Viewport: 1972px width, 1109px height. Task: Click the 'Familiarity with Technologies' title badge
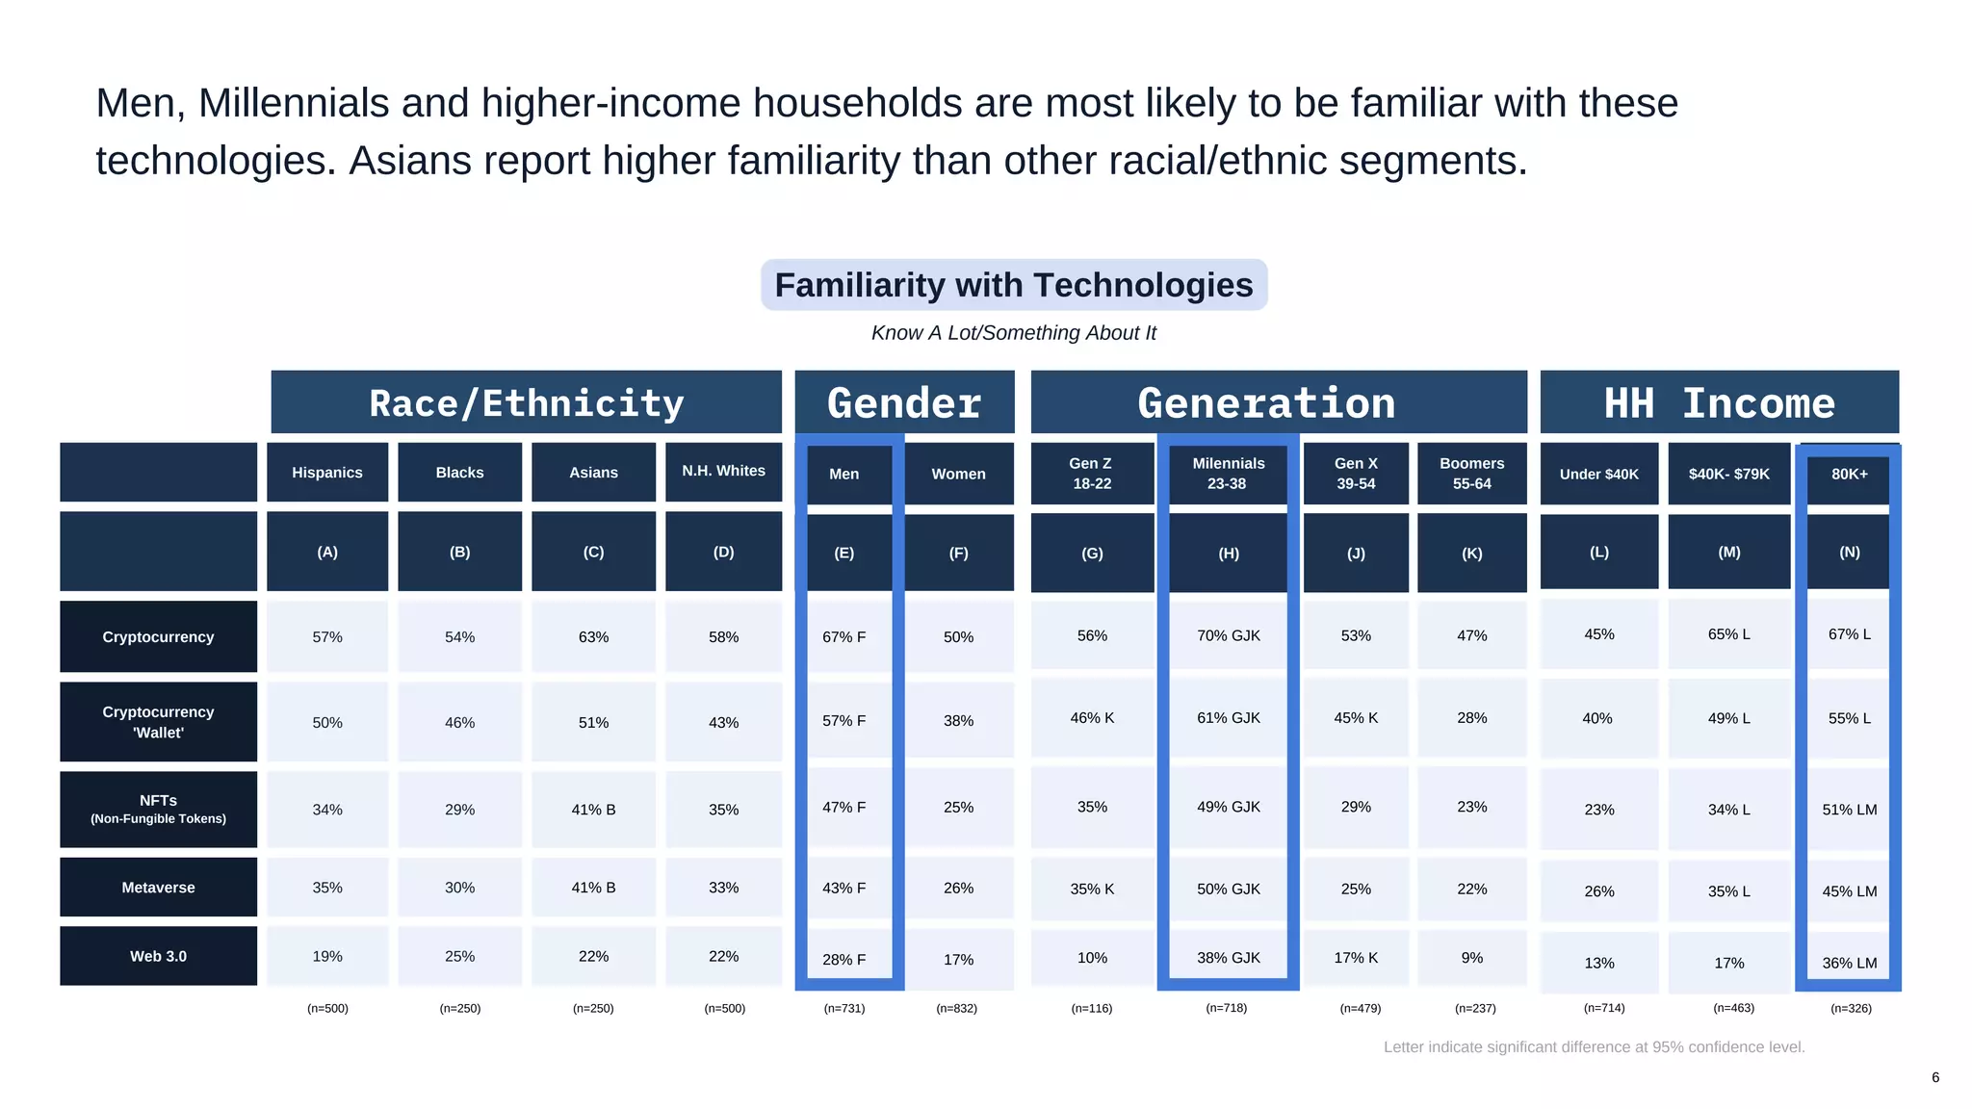tap(1014, 285)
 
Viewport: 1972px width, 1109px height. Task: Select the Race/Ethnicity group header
tap(526, 402)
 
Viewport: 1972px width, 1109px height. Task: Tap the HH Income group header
tap(1719, 402)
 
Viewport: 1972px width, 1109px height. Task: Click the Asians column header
tap(593, 473)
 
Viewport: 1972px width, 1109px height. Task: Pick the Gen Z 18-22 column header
tap(1092, 473)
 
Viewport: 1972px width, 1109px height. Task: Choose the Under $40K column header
tap(1598, 474)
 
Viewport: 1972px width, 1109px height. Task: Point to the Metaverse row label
tap(158, 888)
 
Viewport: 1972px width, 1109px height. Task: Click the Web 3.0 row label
tap(158, 956)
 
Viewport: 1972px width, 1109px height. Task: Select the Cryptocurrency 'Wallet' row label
tap(158, 722)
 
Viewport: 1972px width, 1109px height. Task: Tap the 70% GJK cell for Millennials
tap(1228, 635)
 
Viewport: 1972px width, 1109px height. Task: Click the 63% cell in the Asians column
tap(593, 637)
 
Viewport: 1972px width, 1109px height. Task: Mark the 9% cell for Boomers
tap(1471, 958)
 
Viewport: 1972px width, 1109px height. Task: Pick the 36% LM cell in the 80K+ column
tap(1849, 963)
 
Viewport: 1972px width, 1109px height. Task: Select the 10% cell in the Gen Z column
tap(1092, 958)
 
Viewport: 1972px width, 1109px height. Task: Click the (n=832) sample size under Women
tap(956, 1008)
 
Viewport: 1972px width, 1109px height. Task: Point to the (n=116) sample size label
tap(1091, 1008)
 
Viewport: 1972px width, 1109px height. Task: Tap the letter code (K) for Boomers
tap(1471, 554)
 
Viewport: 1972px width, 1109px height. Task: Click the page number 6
tap(1935, 1077)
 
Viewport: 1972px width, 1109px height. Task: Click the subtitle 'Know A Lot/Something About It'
tap(1014, 333)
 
